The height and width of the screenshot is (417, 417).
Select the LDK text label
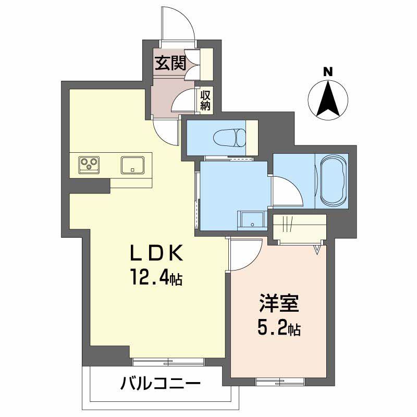point(156,254)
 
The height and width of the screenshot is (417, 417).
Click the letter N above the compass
point(328,72)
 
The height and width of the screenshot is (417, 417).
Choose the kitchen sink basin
point(134,165)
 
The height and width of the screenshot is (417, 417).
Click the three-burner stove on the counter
point(89,165)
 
